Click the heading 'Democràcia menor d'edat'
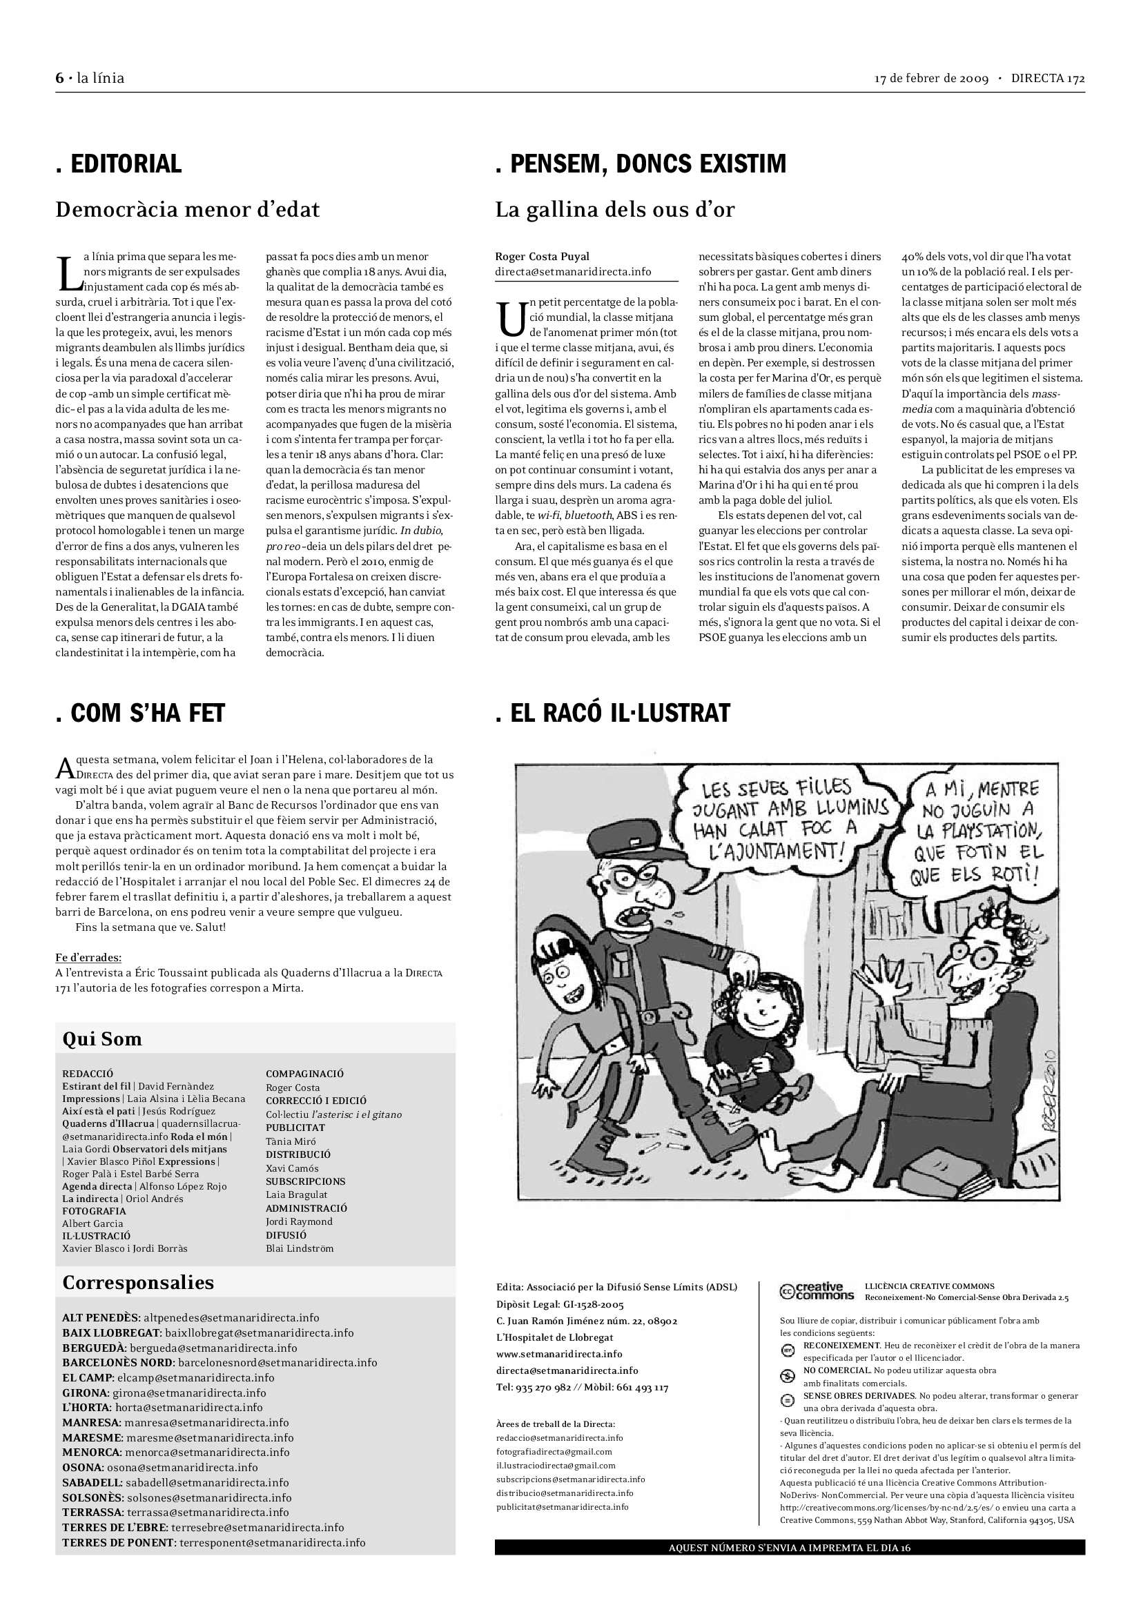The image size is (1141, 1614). click(187, 210)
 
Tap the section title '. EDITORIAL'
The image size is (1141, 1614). click(119, 164)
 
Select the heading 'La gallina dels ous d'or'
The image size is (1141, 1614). click(614, 210)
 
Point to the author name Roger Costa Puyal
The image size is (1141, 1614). click(542, 257)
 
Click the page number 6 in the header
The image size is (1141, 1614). click(60, 78)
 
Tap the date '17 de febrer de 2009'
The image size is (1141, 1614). click(931, 78)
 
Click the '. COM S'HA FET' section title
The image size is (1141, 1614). click(140, 713)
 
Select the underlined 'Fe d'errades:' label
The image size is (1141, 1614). click(88, 958)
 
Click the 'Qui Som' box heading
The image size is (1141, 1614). click(102, 1039)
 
